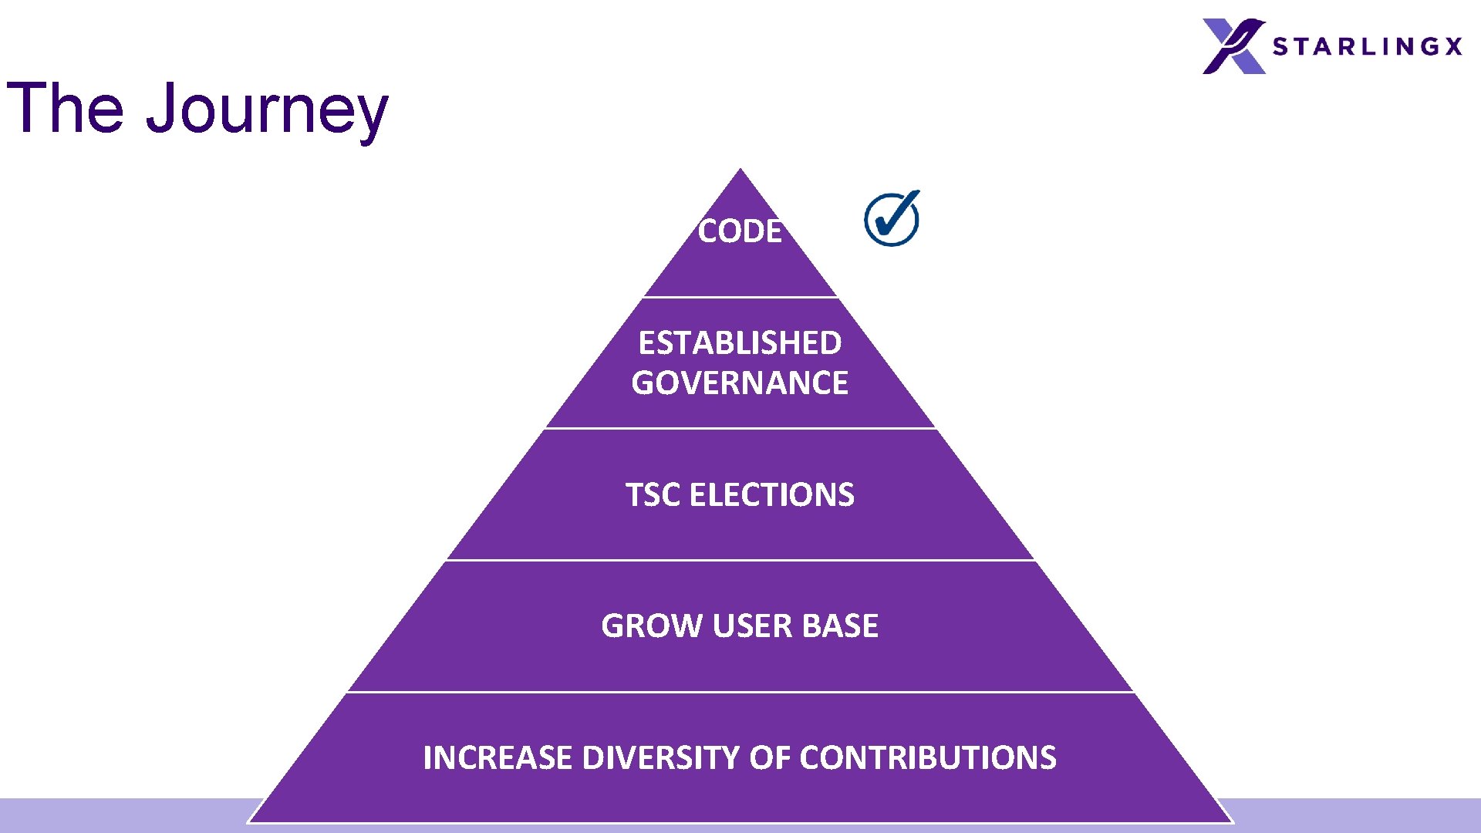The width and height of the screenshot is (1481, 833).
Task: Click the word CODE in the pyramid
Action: [x=740, y=231]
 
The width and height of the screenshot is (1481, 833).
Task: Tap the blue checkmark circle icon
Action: [x=892, y=219]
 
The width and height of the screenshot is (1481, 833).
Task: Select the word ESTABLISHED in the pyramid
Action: [x=740, y=342]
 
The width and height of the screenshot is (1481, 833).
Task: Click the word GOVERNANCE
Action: [x=740, y=383]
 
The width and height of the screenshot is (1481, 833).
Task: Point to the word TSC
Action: [x=653, y=494]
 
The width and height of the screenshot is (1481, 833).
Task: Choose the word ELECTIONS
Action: [x=772, y=494]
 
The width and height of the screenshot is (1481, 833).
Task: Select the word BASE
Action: [x=840, y=626]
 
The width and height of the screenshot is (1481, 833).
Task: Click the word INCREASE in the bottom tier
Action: [x=498, y=757]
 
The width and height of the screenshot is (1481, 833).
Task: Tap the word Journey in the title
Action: [x=267, y=110]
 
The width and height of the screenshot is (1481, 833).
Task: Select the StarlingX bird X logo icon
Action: [x=1233, y=46]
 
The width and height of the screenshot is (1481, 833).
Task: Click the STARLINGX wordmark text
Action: [x=1367, y=46]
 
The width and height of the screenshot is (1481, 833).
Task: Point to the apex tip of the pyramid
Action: [x=740, y=170]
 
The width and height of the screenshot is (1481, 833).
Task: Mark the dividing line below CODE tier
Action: [x=740, y=297]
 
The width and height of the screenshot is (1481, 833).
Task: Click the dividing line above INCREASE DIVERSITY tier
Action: [x=740, y=692]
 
